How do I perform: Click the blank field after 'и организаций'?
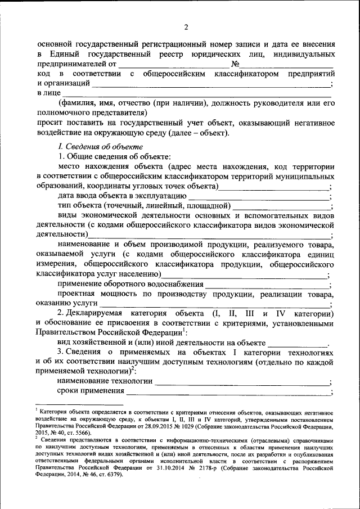211,84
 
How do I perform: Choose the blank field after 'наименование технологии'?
242,382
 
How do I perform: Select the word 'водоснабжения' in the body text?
175,285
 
